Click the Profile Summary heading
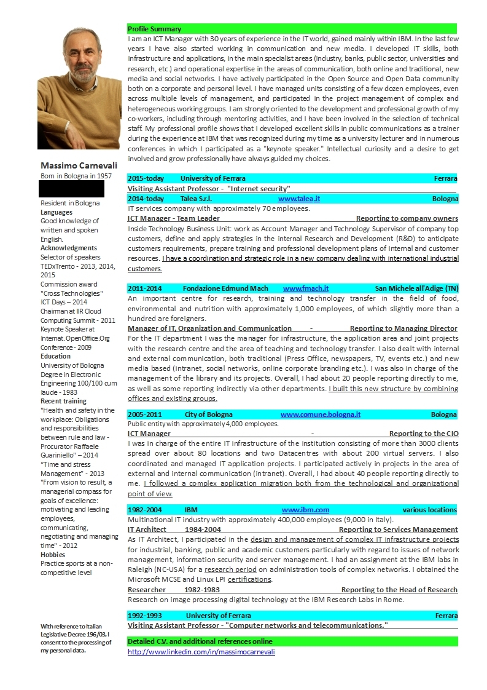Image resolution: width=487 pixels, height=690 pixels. [x=154, y=29]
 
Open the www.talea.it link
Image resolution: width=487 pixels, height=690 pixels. [x=298, y=199]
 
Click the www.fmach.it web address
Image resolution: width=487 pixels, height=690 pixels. [x=305, y=288]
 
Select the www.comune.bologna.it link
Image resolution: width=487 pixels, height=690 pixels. [x=320, y=414]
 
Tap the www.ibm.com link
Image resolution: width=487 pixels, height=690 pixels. [x=305, y=510]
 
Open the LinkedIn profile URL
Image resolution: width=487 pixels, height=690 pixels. [x=201, y=651]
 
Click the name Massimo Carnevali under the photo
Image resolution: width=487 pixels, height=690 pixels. [x=79, y=165]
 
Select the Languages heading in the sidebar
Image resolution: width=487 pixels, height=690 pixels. [x=56, y=212]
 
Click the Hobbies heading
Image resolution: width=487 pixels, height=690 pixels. [x=53, y=555]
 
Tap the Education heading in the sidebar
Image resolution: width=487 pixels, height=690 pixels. [x=55, y=356]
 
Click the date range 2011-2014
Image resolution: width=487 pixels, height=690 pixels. [x=145, y=288]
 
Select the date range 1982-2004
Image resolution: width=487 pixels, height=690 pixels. [x=145, y=510]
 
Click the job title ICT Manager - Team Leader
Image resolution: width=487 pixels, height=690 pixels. [x=173, y=218]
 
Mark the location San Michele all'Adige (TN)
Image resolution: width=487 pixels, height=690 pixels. [x=416, y=288]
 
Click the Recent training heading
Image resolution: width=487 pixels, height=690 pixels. [x=63, y=401]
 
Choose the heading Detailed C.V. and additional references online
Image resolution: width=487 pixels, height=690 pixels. [x=200, y=641]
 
